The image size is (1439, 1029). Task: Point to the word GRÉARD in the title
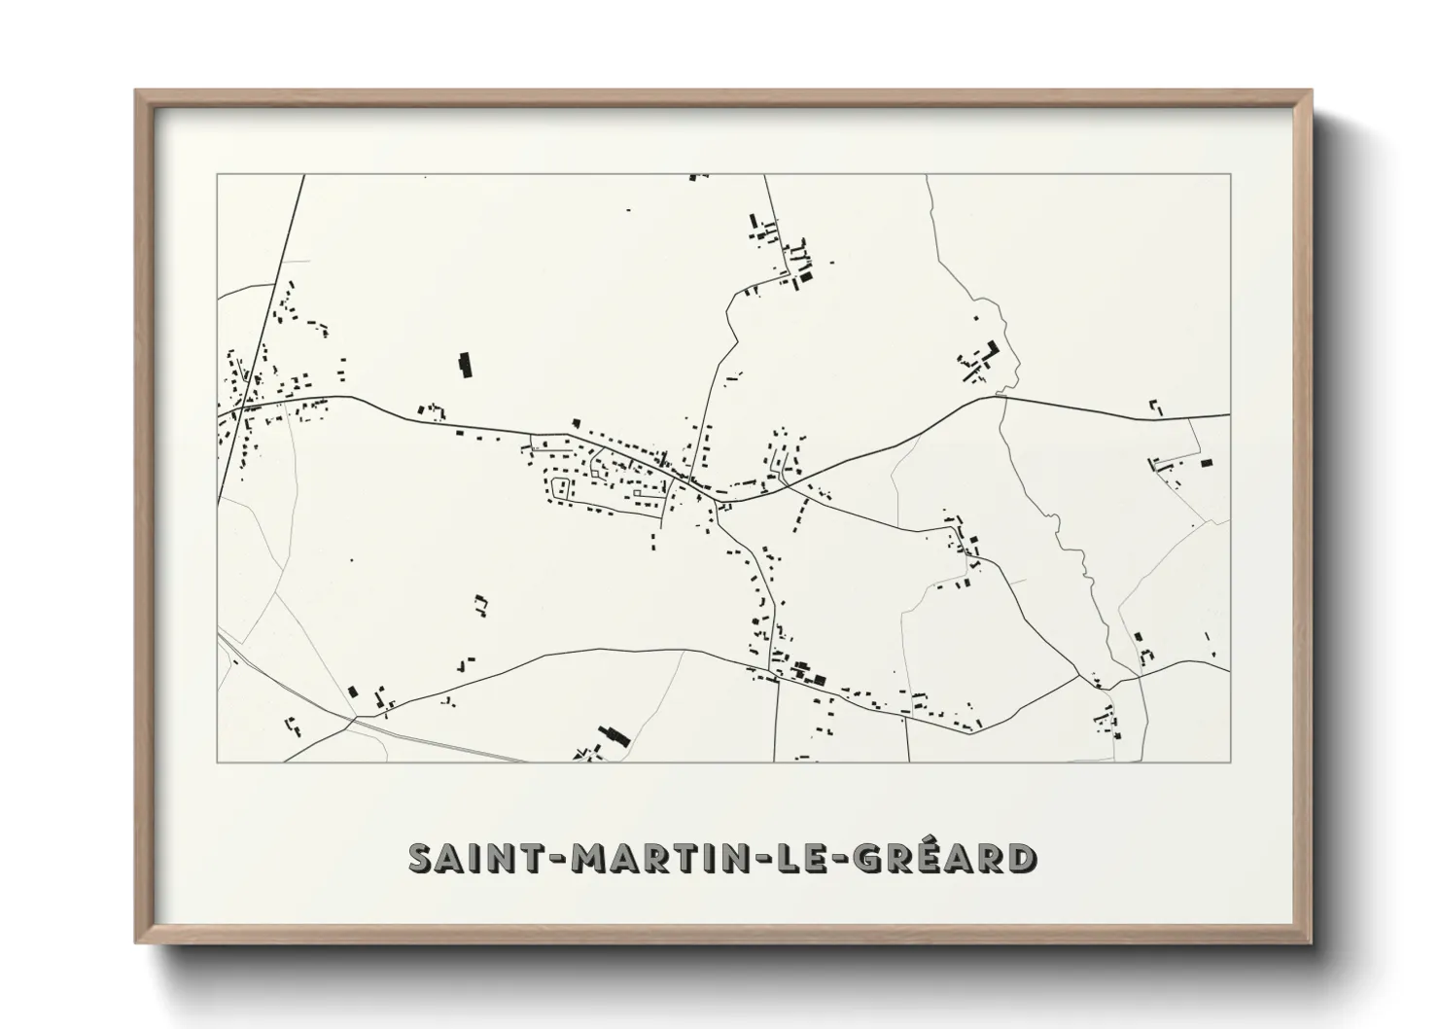click(935, 858)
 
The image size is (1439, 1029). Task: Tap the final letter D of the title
click(1020, 858)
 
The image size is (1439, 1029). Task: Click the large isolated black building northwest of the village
click(465, 364)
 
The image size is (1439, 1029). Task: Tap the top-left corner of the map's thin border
click(217, 175)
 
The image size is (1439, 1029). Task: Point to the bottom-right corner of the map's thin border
click(1231, 762)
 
